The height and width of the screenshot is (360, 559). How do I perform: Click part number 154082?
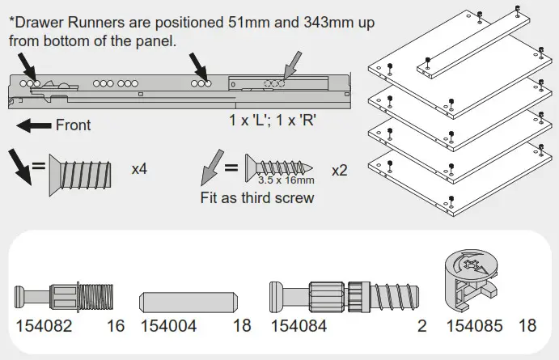(x=44, y=326)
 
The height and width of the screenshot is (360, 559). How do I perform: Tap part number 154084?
(x=299, y=326)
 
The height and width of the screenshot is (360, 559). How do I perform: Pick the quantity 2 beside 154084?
(x=421, y=326)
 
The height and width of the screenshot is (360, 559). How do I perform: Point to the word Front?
(x=73, y=125)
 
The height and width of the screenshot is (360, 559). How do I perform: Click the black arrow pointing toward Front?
(x=32, y=125)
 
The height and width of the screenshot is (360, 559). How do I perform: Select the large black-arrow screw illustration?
(x=86, y=171)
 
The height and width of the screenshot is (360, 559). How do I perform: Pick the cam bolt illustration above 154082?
(x=66, y=299)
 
